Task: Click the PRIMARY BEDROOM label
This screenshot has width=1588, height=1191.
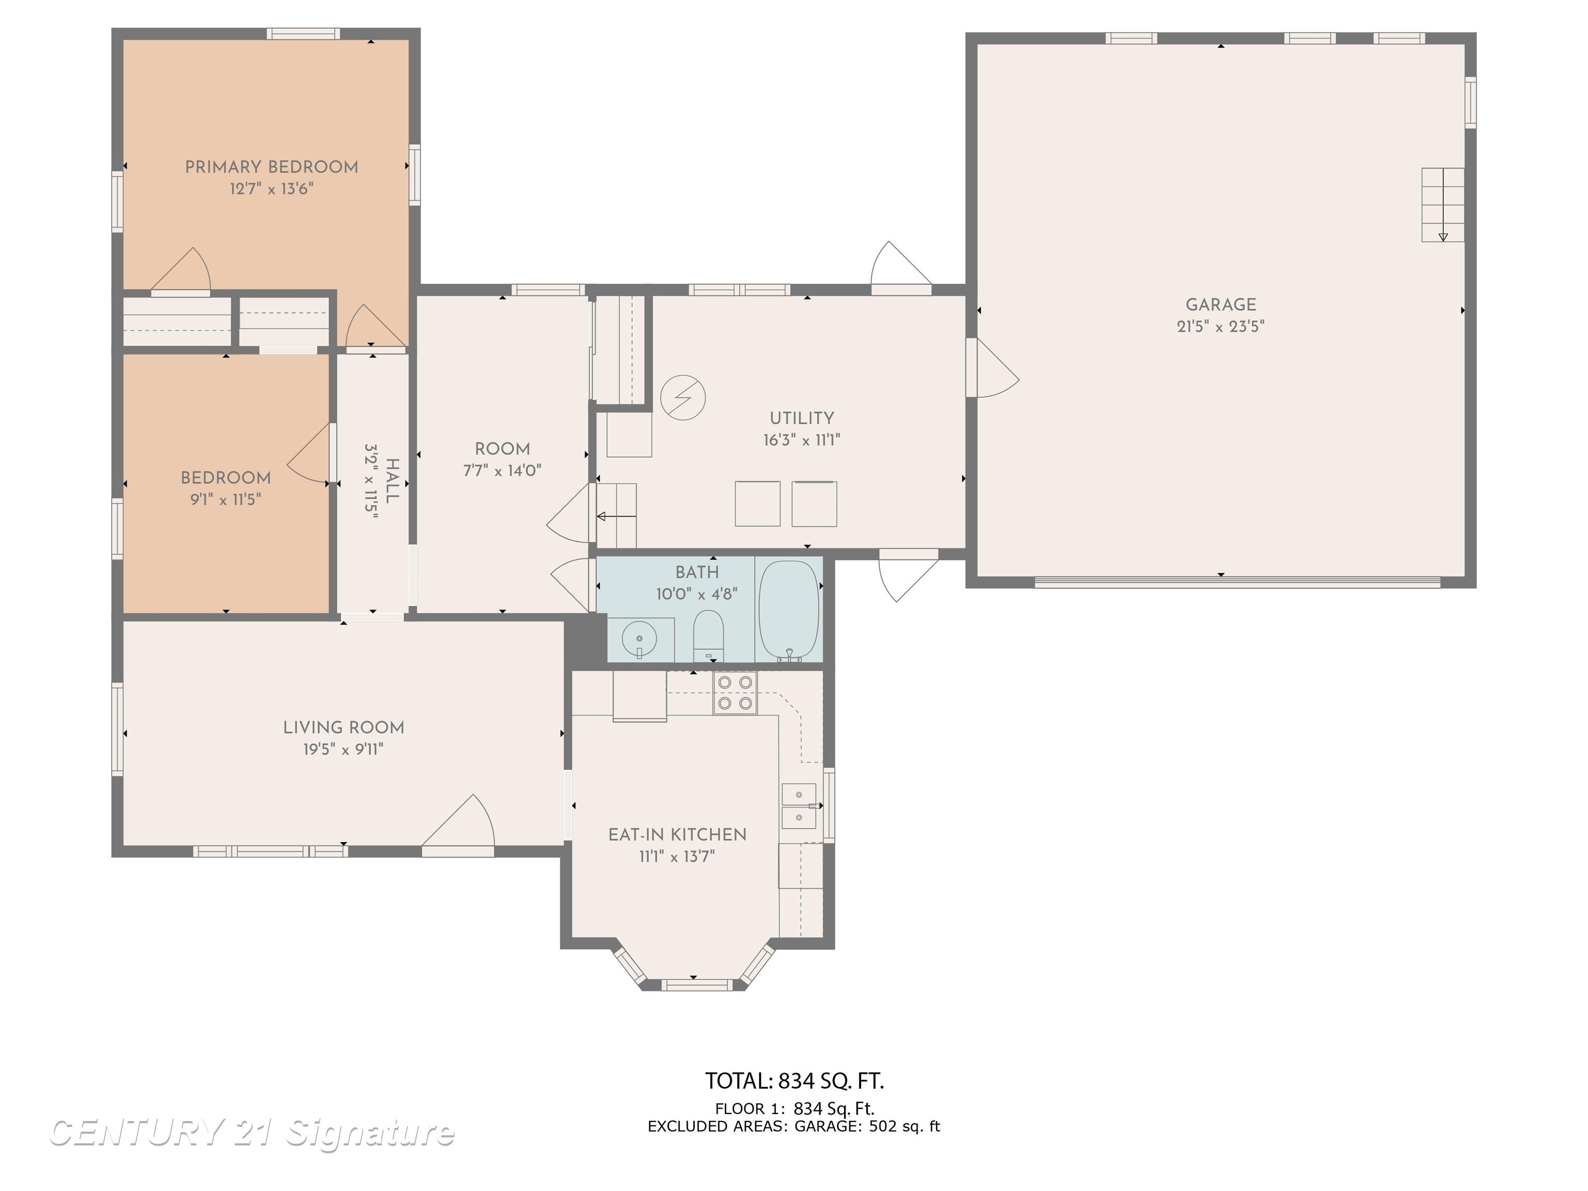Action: point(271,167)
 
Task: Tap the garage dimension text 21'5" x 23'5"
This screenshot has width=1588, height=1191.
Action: point(1220,326)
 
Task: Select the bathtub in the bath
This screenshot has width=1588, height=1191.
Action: point(789,610)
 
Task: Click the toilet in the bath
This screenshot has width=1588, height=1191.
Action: point(708,635)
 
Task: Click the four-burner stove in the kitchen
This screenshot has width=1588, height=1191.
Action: point(735,693)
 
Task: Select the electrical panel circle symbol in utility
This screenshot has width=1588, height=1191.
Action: point(683,397)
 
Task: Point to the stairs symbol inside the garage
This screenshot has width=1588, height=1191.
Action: point(1443,205)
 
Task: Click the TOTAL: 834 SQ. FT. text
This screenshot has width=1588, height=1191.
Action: point(794,1080)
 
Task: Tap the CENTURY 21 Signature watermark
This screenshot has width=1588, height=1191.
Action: point(251,1132)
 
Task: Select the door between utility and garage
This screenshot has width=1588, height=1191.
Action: point(992,368)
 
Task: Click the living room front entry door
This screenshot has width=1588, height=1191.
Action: point(458,826)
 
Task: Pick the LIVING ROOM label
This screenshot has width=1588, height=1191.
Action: point(343,728)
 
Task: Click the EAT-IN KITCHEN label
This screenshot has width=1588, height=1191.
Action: point(677,835)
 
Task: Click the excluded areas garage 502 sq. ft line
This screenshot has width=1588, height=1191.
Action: point(793,1126)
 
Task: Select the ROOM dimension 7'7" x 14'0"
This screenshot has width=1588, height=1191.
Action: point(502,471)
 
